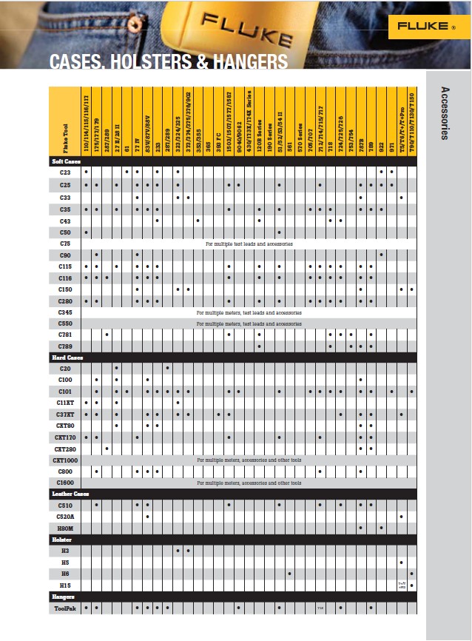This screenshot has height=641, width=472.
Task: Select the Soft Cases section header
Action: [66, 161]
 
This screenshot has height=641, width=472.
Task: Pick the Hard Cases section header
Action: [67, 358]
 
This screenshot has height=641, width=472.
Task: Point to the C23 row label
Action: [65, 172]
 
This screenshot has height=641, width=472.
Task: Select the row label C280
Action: [65, 301]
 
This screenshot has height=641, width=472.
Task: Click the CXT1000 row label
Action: [65, 460]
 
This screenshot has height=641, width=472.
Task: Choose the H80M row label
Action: [65, 528]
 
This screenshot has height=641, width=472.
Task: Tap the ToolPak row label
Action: [65, 608]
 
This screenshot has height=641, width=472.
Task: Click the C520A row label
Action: [65, 516]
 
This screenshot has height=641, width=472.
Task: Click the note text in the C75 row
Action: [249, 244]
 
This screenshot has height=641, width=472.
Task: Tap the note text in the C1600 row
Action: [249, 483]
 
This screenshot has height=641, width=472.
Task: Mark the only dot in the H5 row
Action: [401, 563]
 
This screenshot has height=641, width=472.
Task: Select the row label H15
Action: [65, 585]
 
